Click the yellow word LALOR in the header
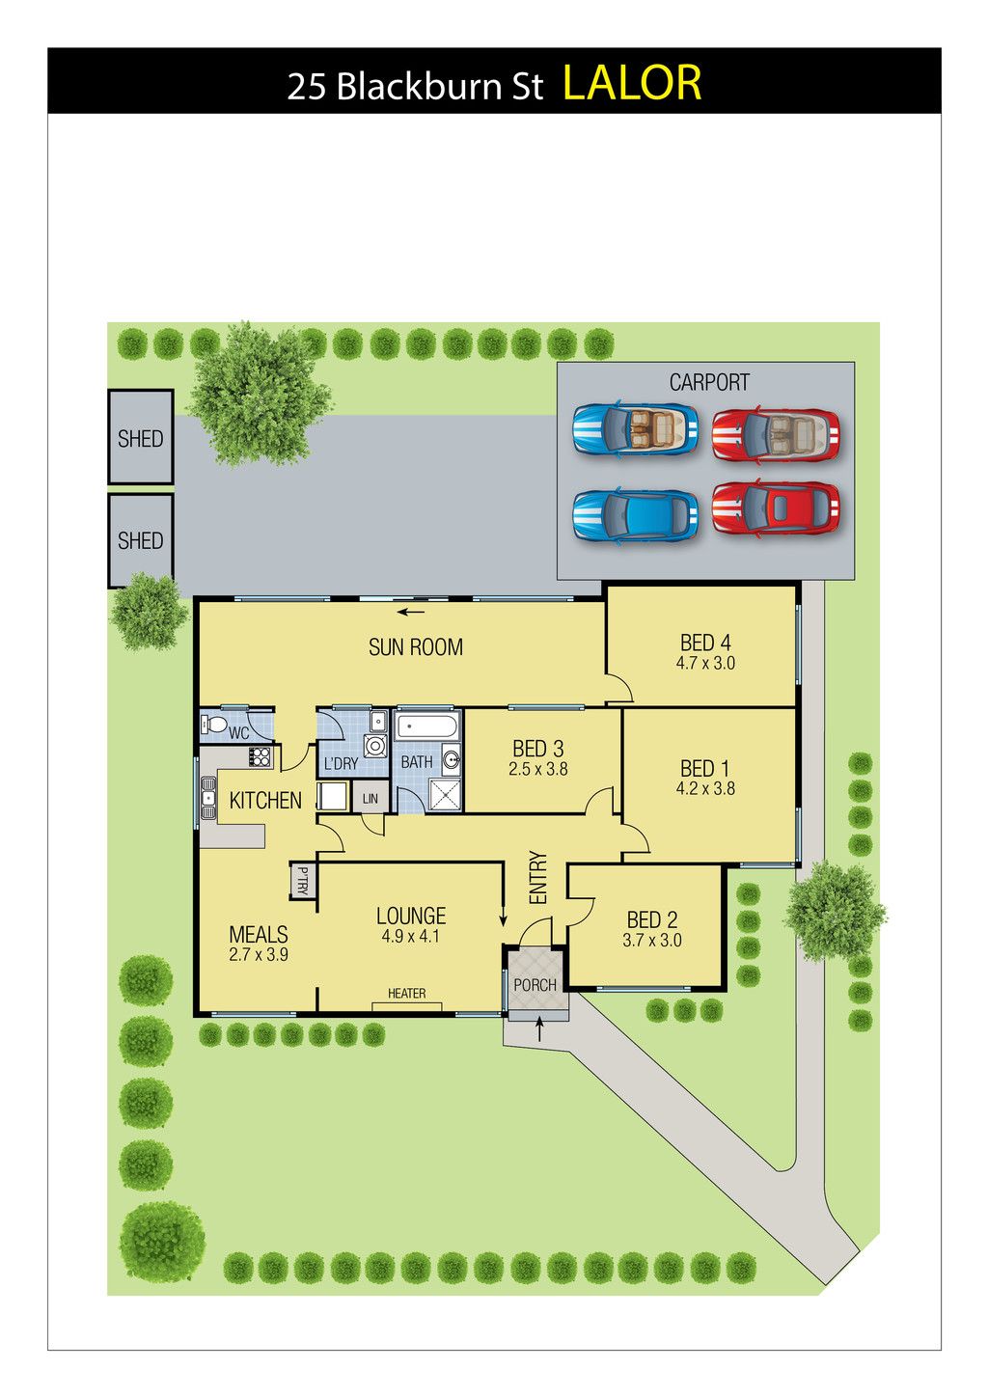point(632,82)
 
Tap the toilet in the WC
point(214,726)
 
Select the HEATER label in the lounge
point(406,994)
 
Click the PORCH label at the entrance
point(535,985)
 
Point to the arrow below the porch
point(539,1028)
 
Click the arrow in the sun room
point(411,612)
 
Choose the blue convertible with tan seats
point(635,430)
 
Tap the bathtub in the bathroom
point(427,726)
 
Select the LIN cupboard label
point(370,798)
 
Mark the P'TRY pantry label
point(303,880)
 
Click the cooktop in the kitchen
point(261,757)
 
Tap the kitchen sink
point(207,798)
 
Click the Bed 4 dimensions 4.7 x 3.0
point(705,663)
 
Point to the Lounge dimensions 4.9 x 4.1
point(410,936)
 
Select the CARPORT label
point(709,382)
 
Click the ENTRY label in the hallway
point(537,878)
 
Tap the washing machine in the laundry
point(376,745)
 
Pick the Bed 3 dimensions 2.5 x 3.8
point(537,769)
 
